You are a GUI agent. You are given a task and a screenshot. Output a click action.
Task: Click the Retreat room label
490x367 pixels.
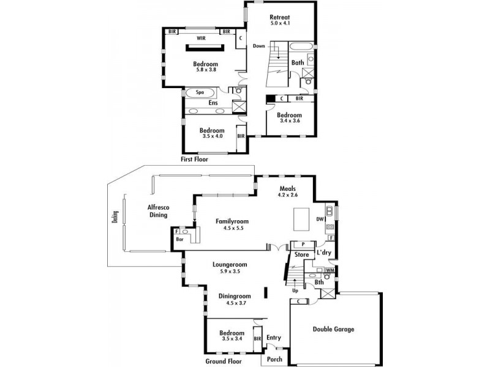pos(280,17)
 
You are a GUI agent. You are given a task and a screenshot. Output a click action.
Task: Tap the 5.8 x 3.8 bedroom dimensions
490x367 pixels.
pos(205,70)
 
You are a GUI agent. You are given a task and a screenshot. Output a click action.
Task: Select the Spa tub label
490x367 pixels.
pos(200,92)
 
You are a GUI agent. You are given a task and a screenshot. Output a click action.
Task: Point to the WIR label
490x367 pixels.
pos(200,38)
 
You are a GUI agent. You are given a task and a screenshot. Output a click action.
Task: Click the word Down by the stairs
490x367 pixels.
pos(258,46)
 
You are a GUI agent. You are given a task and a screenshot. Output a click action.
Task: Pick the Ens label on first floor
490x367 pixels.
pos(213,103)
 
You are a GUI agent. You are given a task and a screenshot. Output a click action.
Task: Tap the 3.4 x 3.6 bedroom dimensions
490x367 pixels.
pos(288,121)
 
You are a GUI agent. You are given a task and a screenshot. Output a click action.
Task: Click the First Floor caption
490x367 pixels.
pos(195,159)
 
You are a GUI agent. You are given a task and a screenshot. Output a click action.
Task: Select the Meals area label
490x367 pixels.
pos(288,188)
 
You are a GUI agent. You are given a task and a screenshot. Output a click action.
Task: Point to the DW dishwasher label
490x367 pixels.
pos(320,218)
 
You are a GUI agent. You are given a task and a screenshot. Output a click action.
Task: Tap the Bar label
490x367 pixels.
pos(180,240)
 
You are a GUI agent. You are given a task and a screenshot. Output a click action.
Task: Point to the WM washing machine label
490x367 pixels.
pos(330,270)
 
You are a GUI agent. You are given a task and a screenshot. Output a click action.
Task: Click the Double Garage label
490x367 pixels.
pos(333,329)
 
